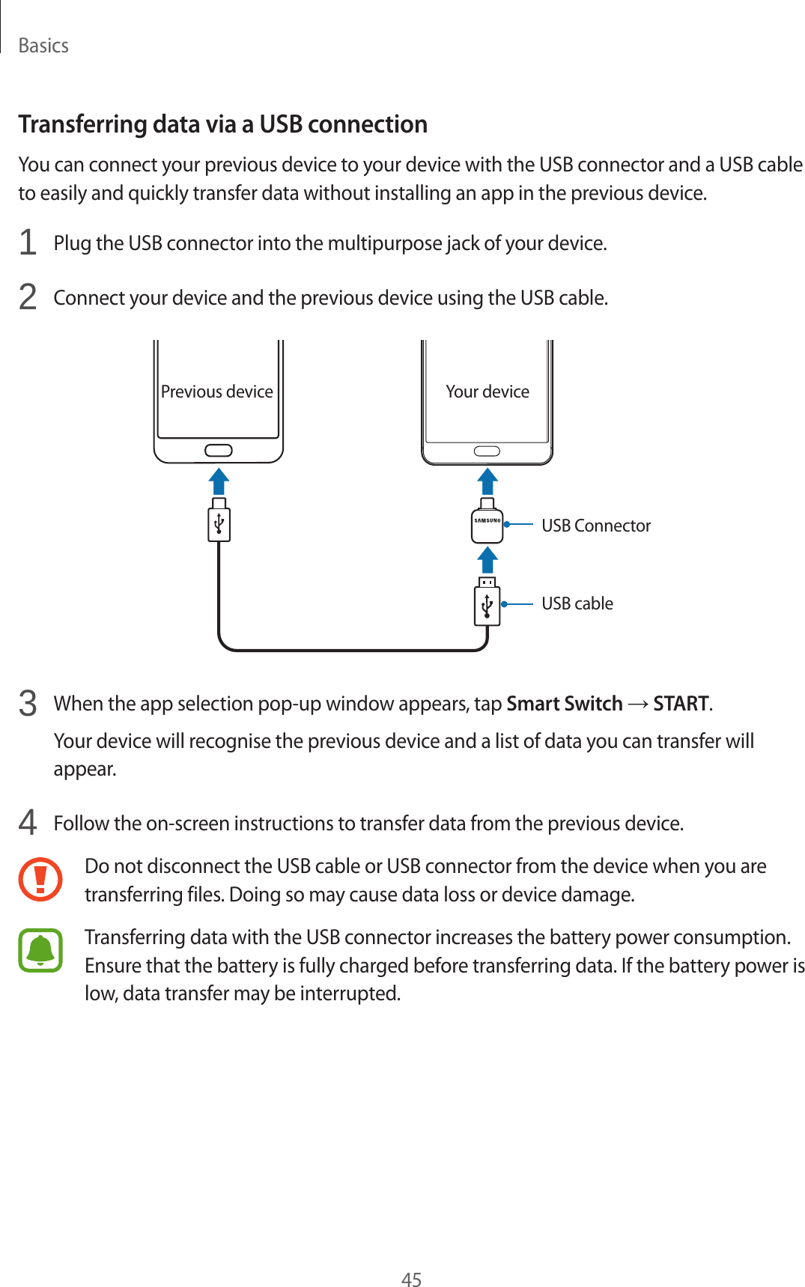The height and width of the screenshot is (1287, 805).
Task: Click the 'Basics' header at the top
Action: click(x=43, y=46)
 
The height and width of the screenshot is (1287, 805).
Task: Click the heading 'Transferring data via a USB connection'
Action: click(x=222, y=124)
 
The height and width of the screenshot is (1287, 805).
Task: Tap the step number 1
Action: click(x=28, y=243)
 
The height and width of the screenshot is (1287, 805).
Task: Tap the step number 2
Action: click(x=28, y=297)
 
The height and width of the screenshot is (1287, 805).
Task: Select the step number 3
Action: click(x=28, y=704)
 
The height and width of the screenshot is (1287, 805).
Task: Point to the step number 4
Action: click(x=28, y=823)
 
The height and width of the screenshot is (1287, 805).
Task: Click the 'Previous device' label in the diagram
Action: click(x=217, y=392)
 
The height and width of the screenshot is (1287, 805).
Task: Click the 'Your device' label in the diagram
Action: click(x=487, y=392)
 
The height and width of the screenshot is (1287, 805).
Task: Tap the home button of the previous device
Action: click(x=218, y=451)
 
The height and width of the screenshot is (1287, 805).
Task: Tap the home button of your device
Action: click(x=487, y=451)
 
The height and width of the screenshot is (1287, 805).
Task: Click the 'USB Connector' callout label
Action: click(x=596, y=526)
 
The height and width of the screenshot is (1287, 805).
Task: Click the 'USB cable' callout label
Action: click(x=577, y=603)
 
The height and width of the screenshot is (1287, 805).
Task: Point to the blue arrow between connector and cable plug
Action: click(x=487, y=559)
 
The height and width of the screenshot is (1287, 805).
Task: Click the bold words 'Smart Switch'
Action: click(x=565, y=704)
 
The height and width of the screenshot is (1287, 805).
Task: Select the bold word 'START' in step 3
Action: click(x=681, y=704)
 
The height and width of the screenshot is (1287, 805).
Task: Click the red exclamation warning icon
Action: click(x=40, y=879)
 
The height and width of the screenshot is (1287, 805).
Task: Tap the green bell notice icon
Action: click(x=40, y=950)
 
